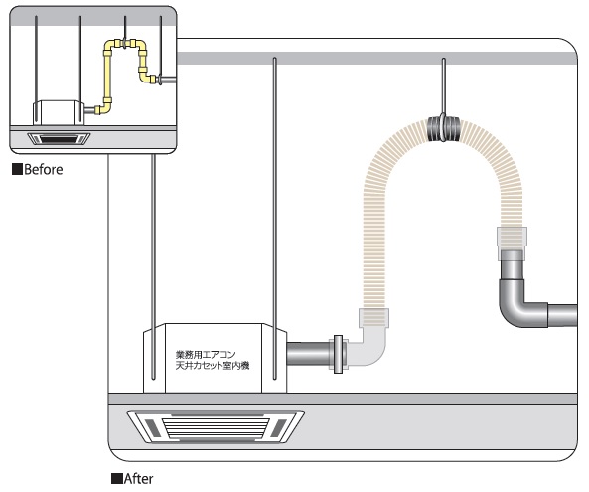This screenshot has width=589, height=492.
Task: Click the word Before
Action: pos(44,170)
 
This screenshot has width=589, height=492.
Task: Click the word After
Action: pos(139,479)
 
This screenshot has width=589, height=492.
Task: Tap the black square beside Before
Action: pos(17,169)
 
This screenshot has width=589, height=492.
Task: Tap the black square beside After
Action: pos(117,479)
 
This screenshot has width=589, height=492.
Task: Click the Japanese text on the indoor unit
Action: pos(213,360)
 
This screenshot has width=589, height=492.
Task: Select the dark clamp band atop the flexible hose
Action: pos(444,129)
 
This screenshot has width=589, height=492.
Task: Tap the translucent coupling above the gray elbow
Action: pos(512,239)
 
